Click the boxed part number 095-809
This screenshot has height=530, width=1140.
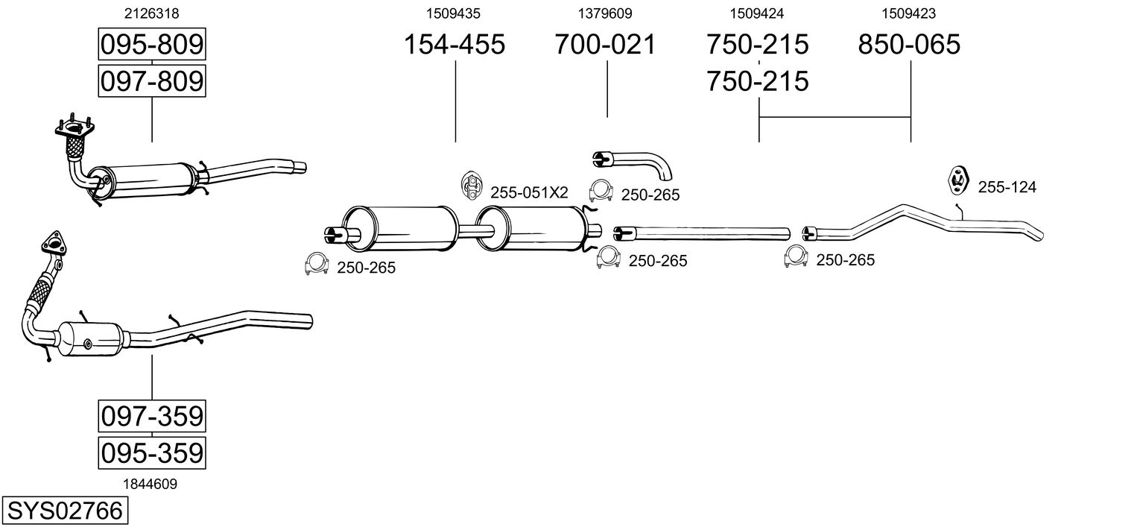coord(151,45)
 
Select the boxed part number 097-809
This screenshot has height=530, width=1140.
coord(151,81)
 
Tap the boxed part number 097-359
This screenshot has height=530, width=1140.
coord(151,416)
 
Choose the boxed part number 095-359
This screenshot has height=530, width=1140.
coord(151,452)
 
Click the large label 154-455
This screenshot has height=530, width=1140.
coord(454,45)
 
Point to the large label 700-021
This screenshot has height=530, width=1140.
coord(605,45)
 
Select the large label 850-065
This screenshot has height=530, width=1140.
coord(909,45)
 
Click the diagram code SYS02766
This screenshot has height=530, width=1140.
coord(64,511)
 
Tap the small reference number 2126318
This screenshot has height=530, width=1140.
coord(151,13)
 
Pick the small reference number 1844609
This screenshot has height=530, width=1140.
coord(151,484)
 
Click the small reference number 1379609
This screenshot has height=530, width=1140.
coord(605,13)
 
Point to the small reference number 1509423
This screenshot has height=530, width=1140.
coord(909,13)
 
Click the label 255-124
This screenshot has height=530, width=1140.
coord(1007,187)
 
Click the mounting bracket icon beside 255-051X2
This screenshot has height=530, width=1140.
coord(471,186)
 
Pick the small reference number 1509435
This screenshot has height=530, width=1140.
coord(454,13)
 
